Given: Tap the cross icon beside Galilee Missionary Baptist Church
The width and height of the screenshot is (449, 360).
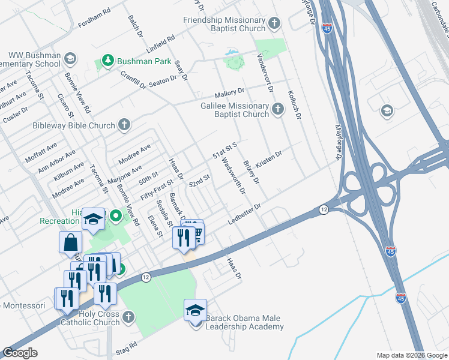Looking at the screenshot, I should (x=277, y=109).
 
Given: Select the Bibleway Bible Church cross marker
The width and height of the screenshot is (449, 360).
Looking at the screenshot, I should (x=124, y=125).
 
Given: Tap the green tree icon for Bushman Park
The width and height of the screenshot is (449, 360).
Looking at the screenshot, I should (x=107, y=61).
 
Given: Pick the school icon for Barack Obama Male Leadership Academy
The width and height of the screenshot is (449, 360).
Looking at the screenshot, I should (x=196, y=310).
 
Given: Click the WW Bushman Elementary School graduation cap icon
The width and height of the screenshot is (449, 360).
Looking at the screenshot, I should (x=70, y=59).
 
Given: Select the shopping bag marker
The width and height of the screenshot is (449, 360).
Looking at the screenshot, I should (x=70, y=242).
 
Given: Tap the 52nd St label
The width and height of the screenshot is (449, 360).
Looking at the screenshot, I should (x=199, y=179).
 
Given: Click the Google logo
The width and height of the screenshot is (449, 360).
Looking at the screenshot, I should (x=20, y=353).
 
